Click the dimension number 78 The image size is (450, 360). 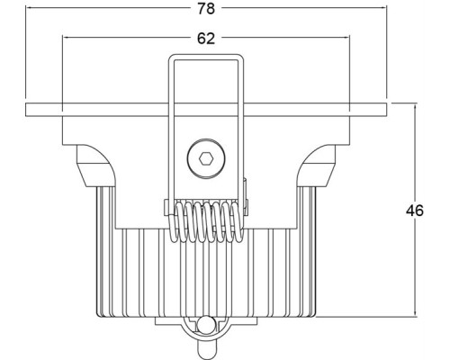pos(207,10)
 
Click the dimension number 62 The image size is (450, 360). pos(206,39)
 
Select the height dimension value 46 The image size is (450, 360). pos(415,211)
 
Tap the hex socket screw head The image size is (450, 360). pos(205,161)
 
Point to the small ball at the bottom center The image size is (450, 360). pos(206,326)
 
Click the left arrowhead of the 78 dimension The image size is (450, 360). pos(30,10)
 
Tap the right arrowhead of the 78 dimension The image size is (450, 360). pos(384,10)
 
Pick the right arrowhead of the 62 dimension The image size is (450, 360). pos(346,39)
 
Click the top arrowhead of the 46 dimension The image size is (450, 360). pos(415,107)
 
